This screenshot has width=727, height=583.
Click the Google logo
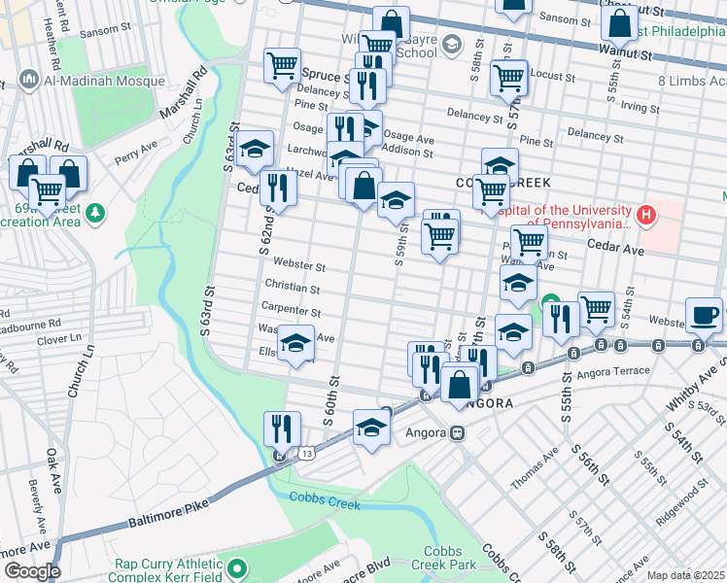31,571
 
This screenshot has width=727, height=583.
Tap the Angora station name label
425,433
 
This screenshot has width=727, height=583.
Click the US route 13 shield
307,454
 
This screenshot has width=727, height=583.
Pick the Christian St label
296,289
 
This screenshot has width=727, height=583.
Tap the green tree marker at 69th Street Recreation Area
95,212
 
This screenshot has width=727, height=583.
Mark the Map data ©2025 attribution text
685,575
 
